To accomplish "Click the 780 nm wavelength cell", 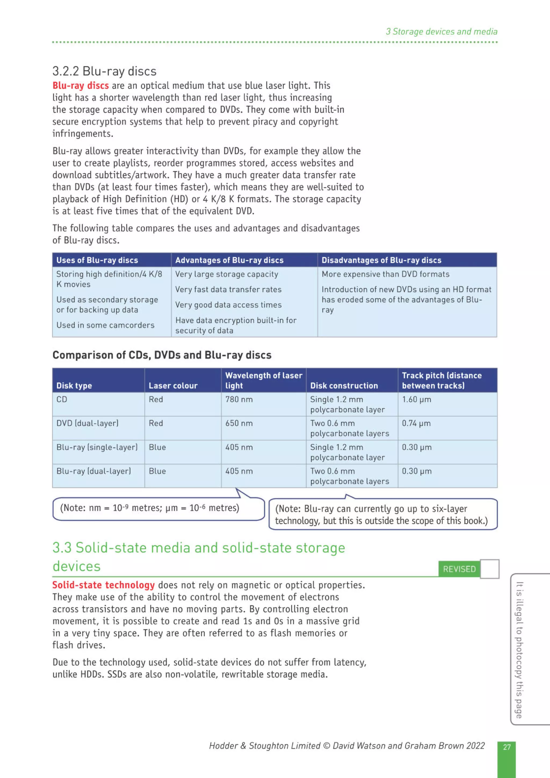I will (x=239, y=399).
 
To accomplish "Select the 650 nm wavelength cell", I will (x=239, y=423).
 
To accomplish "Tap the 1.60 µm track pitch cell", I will (x=417, y=399).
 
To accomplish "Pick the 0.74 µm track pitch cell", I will (x=416, y=423).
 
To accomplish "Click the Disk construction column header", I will (x=344, y=386).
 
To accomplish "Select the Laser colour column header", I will (x=173, y=386).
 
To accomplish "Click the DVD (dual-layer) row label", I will (x=88, y=423).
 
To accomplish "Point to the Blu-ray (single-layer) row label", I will (x=97, y=447).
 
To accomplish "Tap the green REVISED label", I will (x=459, y=569).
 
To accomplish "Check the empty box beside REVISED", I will (x=490, y=569).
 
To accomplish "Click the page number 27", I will (x=506, y=747).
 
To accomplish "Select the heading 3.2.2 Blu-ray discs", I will (x=104, y=71).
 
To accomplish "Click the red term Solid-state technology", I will (x=103, y=585).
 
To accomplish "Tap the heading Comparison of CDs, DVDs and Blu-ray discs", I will (x=162, y=355).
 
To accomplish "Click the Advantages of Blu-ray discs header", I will (x=229, y=260).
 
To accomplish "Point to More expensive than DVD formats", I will (x=385, y=274).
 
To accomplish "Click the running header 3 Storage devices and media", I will (x=441, y=31).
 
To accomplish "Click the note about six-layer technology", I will (x=382, y=514).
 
